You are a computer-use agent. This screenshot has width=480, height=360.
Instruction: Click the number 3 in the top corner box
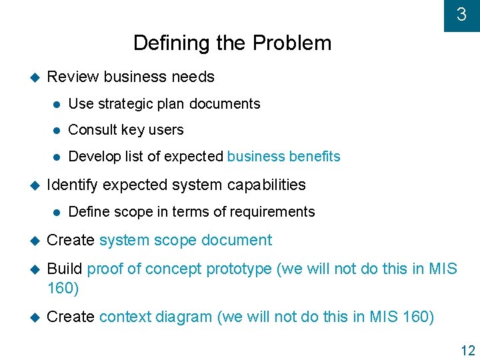click(x=461, y=14)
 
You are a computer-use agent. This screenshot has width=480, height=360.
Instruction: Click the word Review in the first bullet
click(x=73, y=77)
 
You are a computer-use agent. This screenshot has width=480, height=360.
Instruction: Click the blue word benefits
click(x=315, y=157)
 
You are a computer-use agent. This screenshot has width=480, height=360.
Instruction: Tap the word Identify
click(x=73, y=185)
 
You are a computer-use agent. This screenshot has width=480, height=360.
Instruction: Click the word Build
click(x=65, y=269)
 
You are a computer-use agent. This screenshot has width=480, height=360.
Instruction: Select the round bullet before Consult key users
click(x=57, y=131)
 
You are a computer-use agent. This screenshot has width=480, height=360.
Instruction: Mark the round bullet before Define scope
click(x=57, y=212)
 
